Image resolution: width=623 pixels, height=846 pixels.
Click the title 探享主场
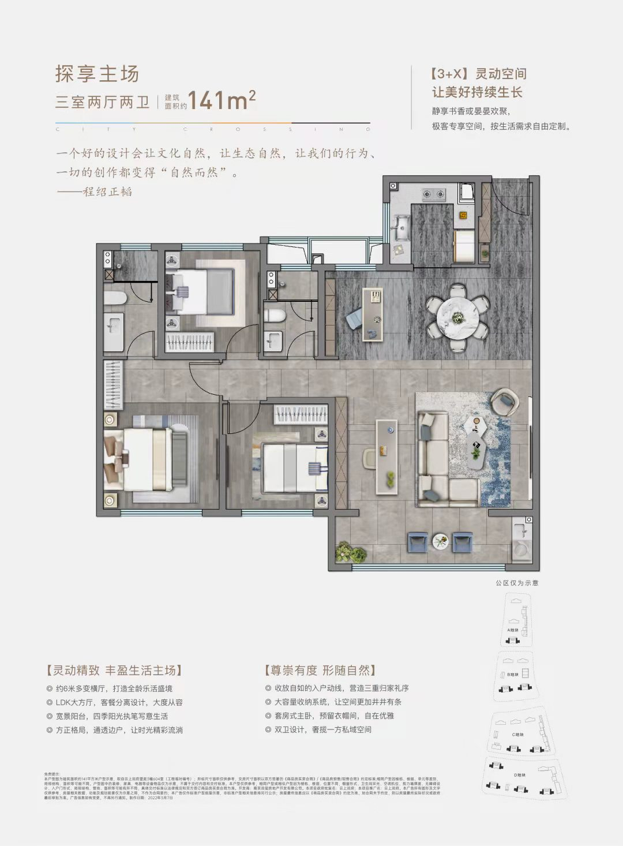(x=97, y=74)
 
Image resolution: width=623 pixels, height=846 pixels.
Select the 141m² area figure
(x=222, y=100)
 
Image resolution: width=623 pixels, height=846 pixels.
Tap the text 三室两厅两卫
(x=102, y=103)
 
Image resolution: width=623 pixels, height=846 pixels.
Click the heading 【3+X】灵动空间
(x=478, y=74)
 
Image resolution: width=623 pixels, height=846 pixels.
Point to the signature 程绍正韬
(x=107, y=192)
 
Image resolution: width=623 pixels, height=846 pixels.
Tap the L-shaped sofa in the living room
(x=444, y=456)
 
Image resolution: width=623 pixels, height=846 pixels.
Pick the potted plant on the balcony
(x=351, y=552)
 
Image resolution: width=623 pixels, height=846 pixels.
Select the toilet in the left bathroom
(x=115, y=298)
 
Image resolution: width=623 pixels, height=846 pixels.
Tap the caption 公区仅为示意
(x=517, y=583)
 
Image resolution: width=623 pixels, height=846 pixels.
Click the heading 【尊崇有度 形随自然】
(x=320, y=670)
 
